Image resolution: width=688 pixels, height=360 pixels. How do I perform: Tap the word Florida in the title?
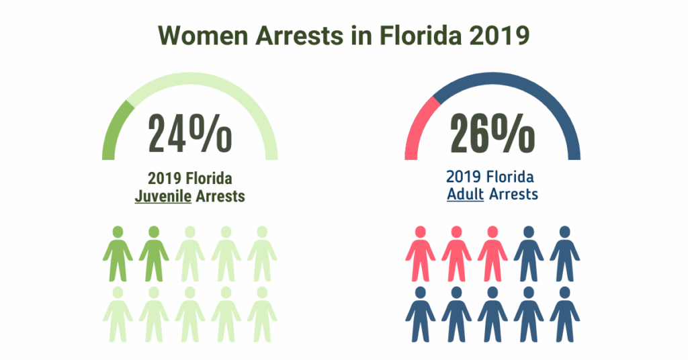412,35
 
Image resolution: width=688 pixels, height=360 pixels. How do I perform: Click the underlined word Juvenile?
163,197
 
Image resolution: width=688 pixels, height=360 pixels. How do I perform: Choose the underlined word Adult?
466,195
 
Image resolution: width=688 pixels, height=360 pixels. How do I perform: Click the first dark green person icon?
118,254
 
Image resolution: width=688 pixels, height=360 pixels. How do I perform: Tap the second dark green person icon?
154,254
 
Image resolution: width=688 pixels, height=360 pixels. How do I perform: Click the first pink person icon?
421,254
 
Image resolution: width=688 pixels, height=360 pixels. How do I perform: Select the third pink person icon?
492,254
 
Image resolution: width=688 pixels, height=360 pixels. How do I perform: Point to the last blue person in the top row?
564,254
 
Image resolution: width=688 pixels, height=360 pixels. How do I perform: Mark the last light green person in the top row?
262,254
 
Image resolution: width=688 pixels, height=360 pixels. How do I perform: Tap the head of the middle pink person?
457,232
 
